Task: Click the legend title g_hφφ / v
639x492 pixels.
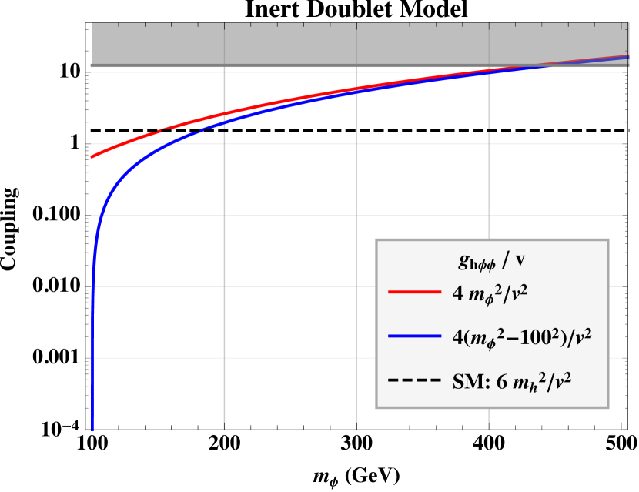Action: [x=493, y=261]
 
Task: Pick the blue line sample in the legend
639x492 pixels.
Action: [x=412, y=337]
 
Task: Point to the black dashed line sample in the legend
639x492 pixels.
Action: [x=412, y=381]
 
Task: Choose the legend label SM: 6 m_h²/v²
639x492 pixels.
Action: [x=510, y=381]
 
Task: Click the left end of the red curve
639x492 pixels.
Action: [x=92, y=157]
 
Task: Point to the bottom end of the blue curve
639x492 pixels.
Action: [x=92, y=427]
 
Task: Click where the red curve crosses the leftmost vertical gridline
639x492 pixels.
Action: [x=224, y=115]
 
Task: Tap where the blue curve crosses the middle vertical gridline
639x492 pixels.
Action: [x=356, y=92]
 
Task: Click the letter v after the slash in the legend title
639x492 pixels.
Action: [x=520, y=261]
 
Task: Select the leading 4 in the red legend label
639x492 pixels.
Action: [x=457, y=293]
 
